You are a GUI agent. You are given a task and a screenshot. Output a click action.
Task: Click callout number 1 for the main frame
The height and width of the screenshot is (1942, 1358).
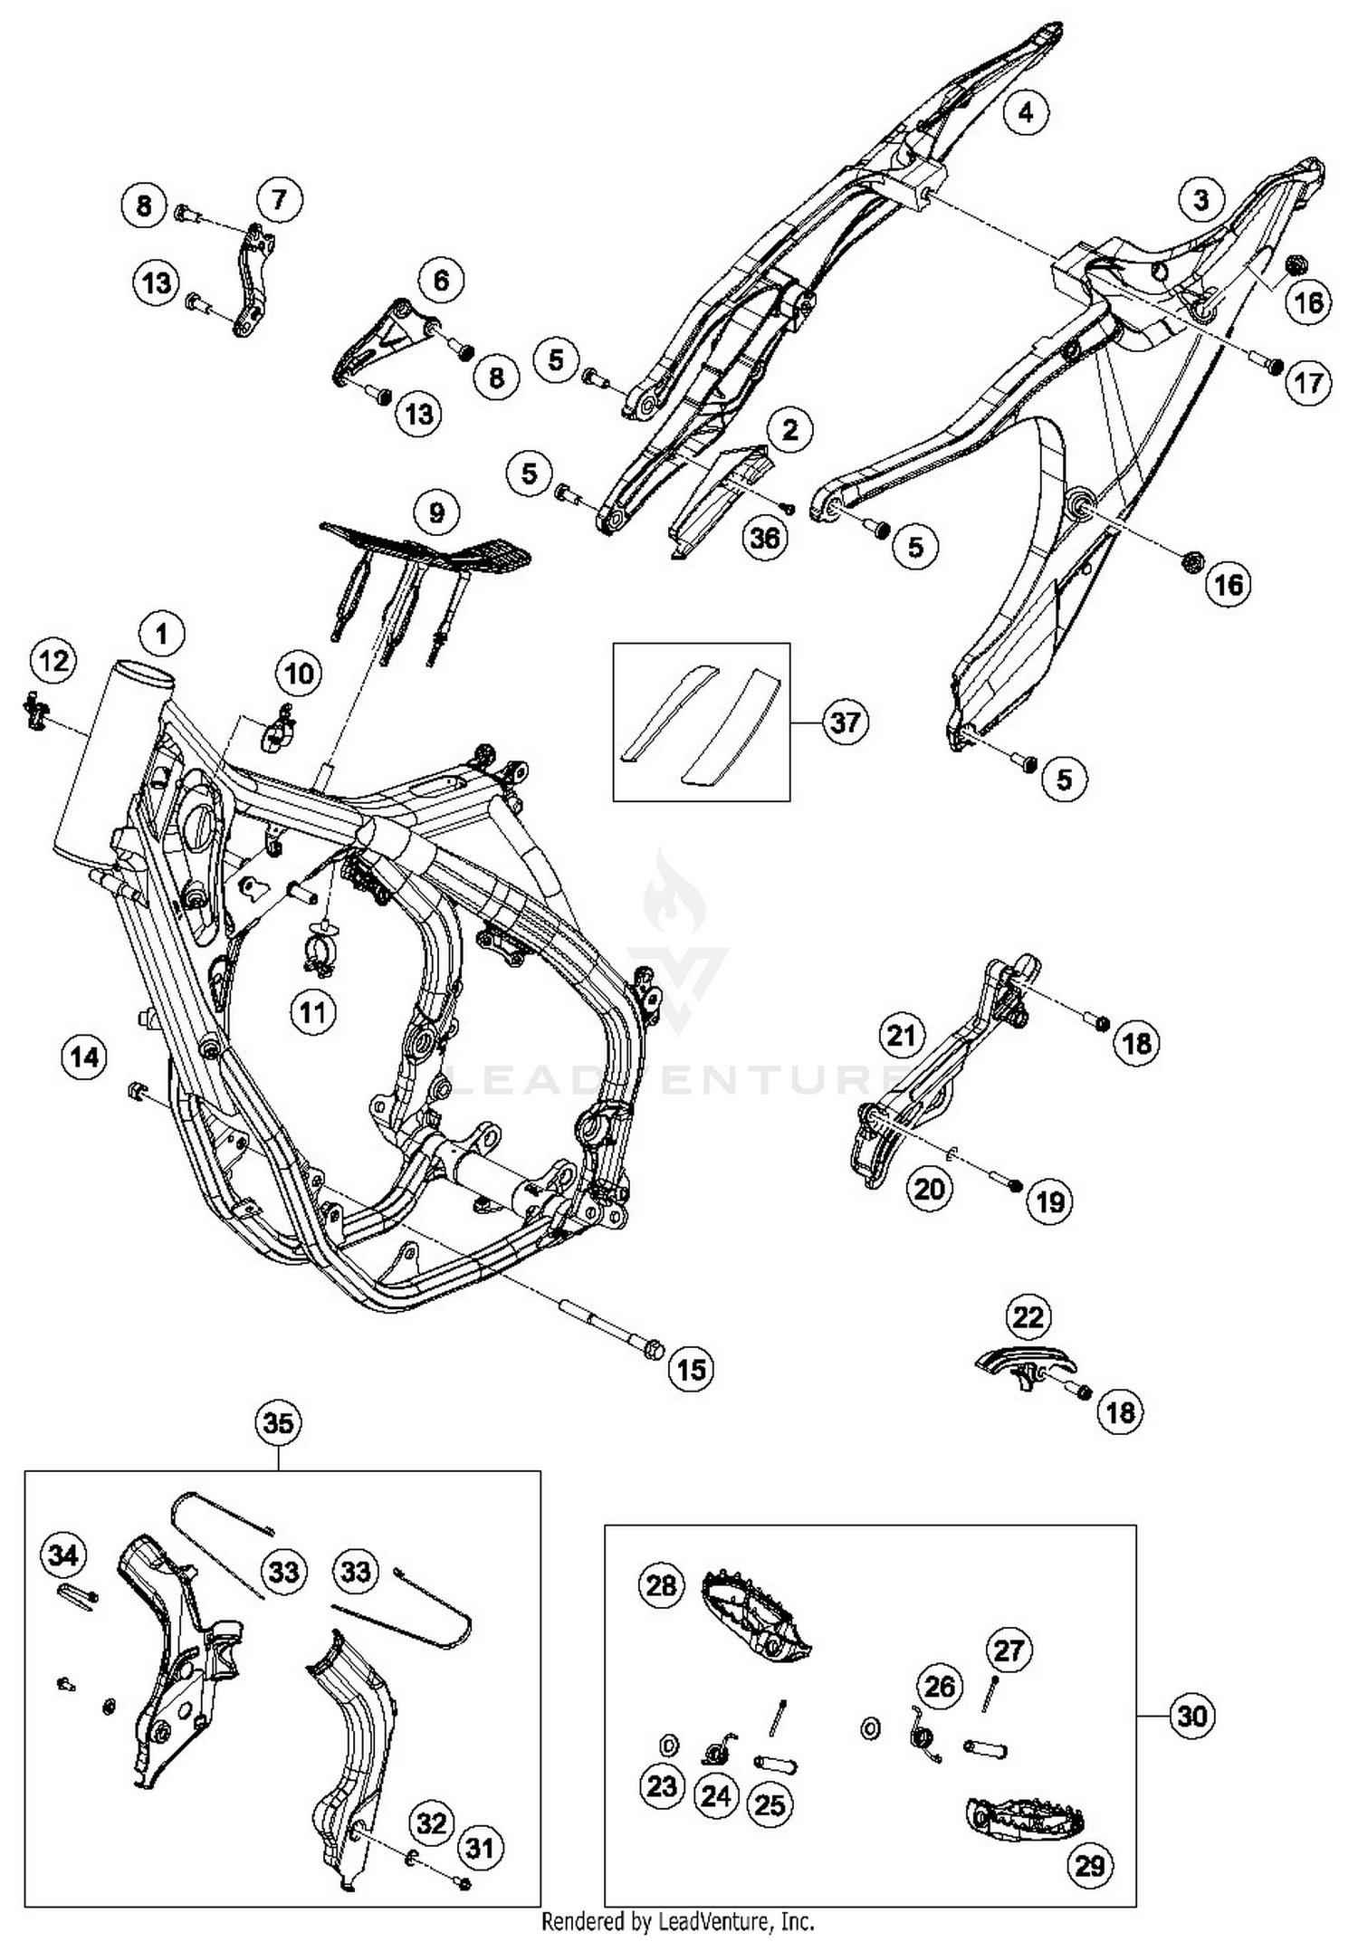click(162, 634)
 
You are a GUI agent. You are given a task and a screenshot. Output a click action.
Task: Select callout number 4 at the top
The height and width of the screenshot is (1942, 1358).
click(1025, 112)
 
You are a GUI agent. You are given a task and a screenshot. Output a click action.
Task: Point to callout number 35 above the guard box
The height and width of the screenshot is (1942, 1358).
click(278, 1424)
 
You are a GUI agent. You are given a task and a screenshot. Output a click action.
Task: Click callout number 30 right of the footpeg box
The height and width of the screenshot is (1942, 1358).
click(1192, 1716)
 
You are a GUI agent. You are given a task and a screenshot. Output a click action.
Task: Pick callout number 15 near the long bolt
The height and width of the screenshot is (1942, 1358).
click(691, 1369)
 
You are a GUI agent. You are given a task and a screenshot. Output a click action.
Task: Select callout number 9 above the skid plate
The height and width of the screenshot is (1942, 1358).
click(437, 513)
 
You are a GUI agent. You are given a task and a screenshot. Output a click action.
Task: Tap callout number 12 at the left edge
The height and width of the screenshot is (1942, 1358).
click(53, 661)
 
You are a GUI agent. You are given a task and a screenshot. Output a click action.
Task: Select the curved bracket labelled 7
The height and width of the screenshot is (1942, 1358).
click(252, 281)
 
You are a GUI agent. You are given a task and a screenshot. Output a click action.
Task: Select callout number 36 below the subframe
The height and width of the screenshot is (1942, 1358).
click(765, 538)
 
